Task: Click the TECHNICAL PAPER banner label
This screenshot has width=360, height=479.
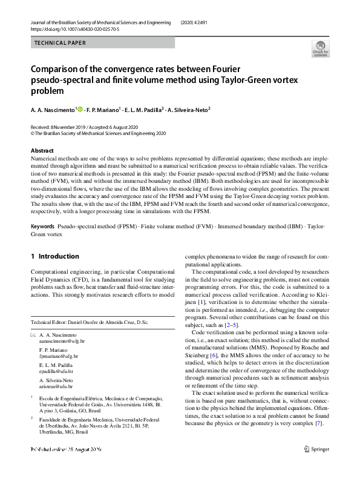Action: pos(61,43)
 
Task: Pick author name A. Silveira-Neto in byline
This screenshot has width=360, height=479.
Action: pos(189,110)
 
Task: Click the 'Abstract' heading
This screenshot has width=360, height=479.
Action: pos(42,151)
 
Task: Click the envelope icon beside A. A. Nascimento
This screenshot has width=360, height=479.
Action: pos(33,335)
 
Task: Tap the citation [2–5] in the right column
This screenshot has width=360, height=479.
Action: pos(231,325)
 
